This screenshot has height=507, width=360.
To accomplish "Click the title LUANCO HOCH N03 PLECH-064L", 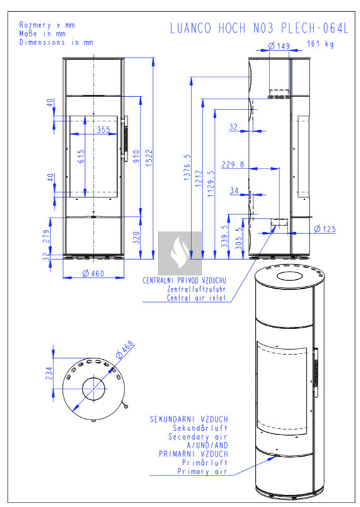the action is pos(259,28).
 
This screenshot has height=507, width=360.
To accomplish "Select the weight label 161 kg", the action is pos(320,43).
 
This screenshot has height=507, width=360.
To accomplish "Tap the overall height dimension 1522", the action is pos(149,158).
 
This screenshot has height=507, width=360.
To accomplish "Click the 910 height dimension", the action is pos(136,157).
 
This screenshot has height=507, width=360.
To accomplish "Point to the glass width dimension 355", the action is pos(104,130).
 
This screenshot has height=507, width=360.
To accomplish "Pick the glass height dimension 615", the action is pos(81,156).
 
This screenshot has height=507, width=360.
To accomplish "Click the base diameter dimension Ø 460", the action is pos(93,274).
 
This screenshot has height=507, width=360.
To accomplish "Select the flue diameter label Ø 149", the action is pos(278,46).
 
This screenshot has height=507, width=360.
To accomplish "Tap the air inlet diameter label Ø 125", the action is pos(325,229).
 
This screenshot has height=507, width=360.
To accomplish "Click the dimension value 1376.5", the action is pos(187,167).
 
